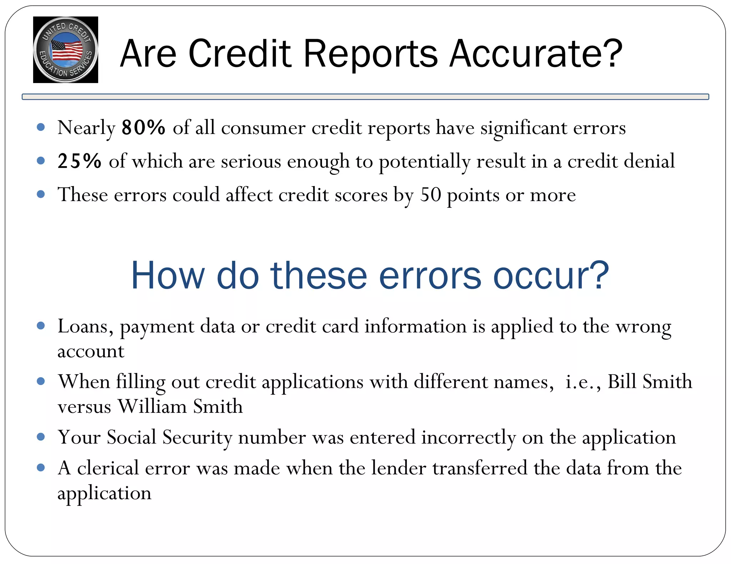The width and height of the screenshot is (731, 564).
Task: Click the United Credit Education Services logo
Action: [65, 50]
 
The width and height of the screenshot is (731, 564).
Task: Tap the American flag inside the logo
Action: [67, 50]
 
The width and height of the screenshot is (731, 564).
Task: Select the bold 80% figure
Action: [143, 127]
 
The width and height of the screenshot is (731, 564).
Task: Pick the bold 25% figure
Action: [80, 161]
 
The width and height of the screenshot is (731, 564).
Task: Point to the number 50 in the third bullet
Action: [430, 195]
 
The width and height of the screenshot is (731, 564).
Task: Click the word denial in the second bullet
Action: [649, 161]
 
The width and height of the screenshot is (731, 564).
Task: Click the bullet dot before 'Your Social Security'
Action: [41, 437]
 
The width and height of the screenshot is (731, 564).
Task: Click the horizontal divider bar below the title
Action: [365, 97]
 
